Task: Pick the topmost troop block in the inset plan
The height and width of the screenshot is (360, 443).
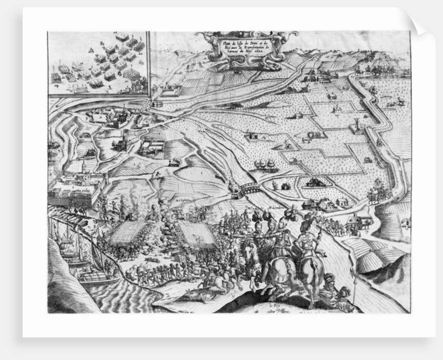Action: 122,38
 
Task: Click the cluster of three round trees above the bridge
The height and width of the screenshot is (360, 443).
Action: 266,166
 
